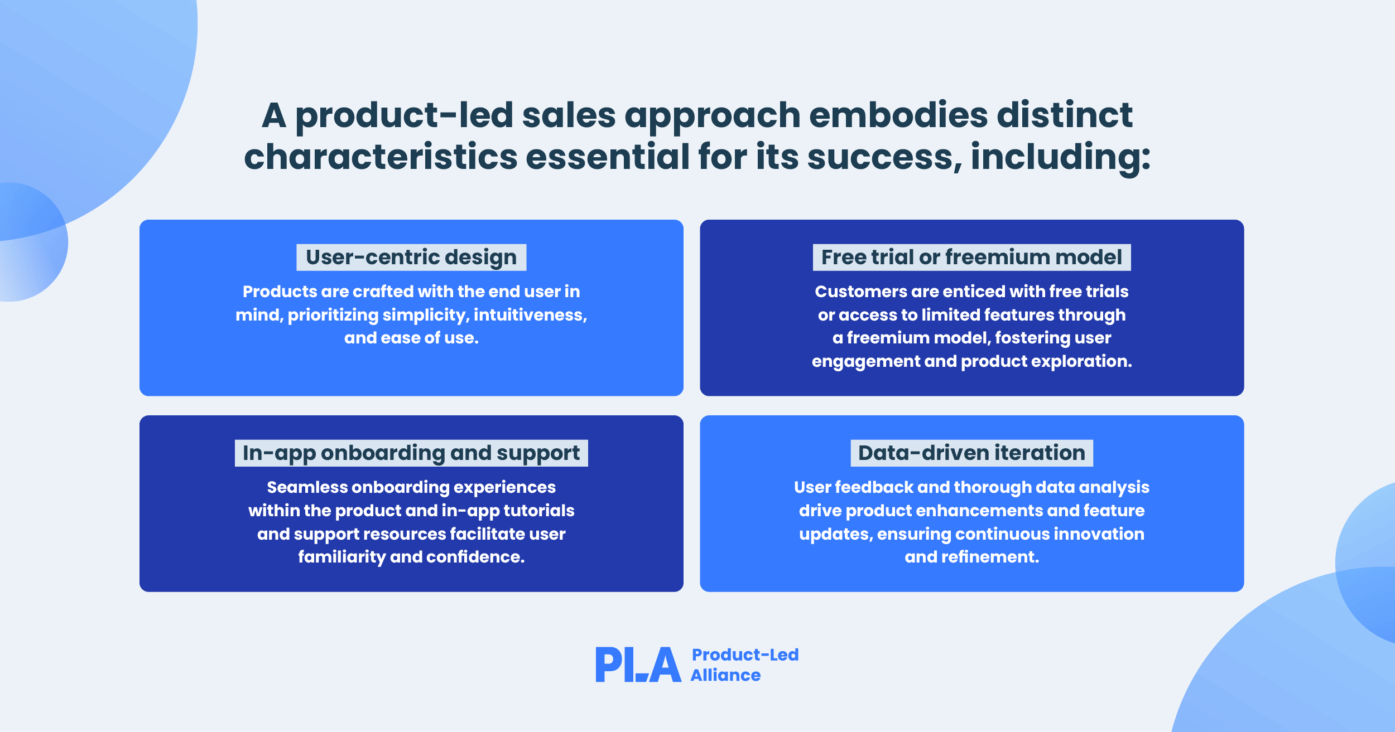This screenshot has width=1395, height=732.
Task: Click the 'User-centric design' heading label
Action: (411, 258)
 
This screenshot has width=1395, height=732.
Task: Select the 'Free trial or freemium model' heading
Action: (971, 258)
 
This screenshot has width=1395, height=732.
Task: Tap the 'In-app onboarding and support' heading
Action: (411, 453)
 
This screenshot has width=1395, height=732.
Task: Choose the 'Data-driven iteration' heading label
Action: (971, 453)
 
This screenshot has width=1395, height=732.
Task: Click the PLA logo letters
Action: (638, 665)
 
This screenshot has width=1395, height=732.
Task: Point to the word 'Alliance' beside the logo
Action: (725, 676)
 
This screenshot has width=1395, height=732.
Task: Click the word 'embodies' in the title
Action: (898, 115)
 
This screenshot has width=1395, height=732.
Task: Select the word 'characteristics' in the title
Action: (381, 157)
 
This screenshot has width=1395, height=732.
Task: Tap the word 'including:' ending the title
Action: (1061, 157)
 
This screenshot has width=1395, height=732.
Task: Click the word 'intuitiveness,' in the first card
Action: (530, 315)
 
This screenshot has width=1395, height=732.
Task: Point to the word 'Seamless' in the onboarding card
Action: (307, 487)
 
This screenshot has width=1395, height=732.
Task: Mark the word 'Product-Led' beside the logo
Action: (745, 655)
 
